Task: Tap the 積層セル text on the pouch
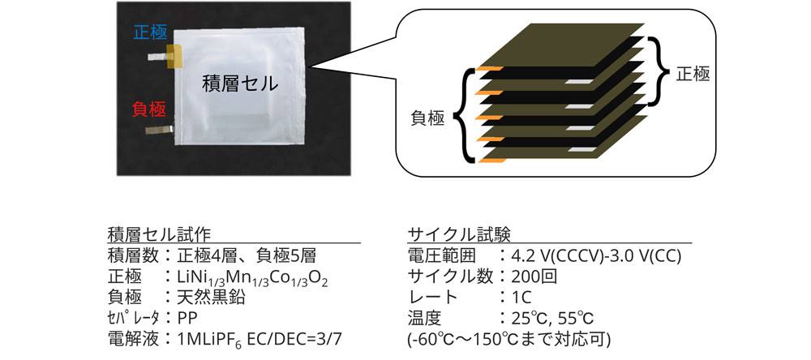[239, 83]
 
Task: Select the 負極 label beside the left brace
[426, 119]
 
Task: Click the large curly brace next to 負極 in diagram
[466, 117]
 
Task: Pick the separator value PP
[186, 316]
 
